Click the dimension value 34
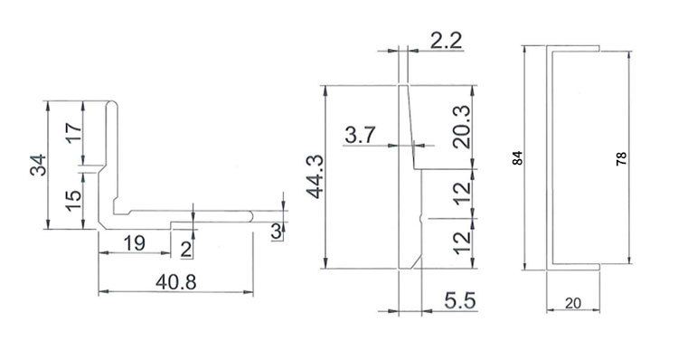point(38,165)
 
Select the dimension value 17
point(73,133)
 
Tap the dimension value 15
point(73,200)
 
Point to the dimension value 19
point(135,243)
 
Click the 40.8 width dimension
point(176,282)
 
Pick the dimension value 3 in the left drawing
point(277,232)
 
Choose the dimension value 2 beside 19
point(186,250)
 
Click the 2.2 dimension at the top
point(447,41)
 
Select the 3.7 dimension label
point(361,135)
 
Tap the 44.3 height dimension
point(315,176)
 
